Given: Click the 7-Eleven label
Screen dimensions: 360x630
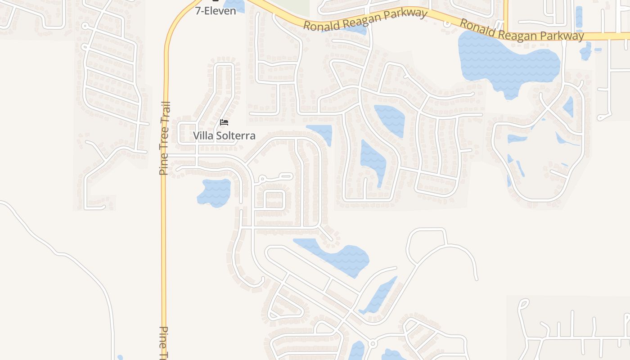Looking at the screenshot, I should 216,11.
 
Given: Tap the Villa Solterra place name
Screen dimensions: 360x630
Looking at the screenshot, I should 224,135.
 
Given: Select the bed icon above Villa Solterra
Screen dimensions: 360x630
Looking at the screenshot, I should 224,122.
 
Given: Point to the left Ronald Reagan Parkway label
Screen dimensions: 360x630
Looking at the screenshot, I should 364,20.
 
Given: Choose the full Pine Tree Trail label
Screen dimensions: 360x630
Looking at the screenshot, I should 165,139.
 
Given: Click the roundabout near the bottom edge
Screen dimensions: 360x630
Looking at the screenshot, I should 372,344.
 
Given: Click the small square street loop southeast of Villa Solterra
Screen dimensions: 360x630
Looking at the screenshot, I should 274,199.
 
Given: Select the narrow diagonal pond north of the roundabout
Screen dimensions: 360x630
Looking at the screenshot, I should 379,295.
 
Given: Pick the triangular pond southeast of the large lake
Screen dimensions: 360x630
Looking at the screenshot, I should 568,107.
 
